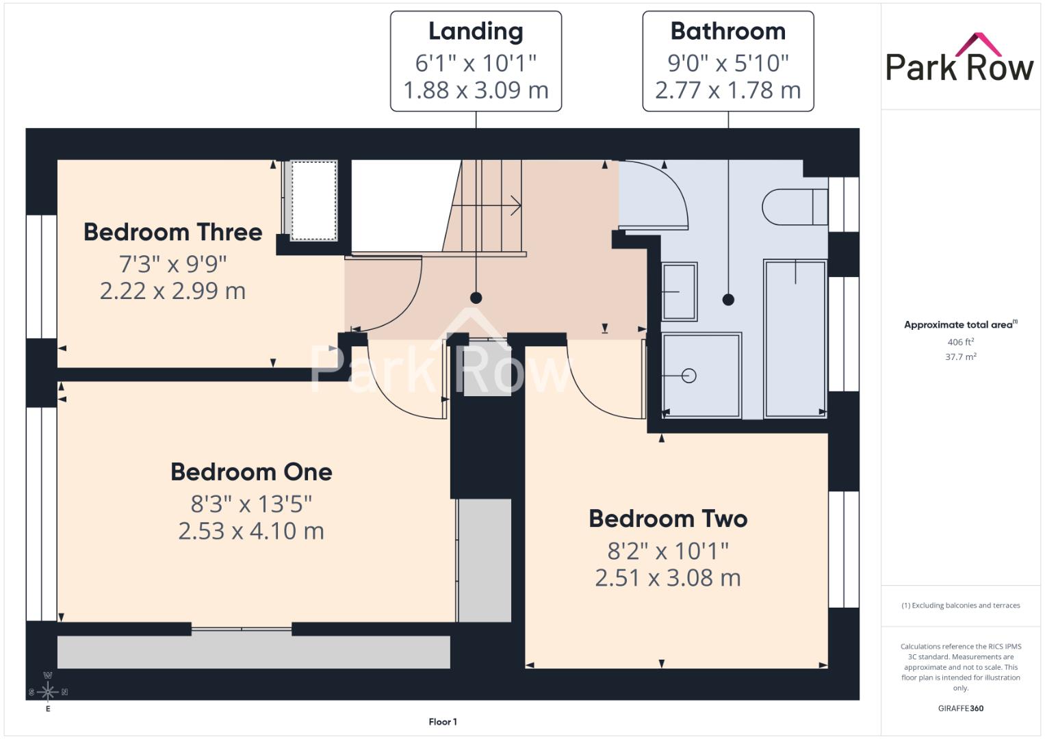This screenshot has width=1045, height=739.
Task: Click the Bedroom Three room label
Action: tap(172, 233)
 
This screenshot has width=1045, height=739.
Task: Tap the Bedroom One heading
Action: tap(251, 472)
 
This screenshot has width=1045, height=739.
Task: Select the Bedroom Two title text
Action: tap(668, 519)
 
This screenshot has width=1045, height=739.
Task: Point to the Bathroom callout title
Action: tap(727, 31)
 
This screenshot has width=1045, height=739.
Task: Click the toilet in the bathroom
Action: tap(795, 207)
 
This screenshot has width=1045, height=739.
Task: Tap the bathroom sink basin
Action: tap(680, 291)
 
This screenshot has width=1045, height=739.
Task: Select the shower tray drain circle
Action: tap(689, 376)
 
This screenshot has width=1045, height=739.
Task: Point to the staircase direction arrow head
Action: tap(516, 205)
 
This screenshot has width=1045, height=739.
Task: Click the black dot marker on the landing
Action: tap(476, 298)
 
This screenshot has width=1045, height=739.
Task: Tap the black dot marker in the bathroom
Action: tap(728, 300)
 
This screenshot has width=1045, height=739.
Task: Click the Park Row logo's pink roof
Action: tap(979, 44)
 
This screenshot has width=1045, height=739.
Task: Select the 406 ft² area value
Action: tap(961, 342)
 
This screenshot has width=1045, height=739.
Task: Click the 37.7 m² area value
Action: tap(961, 357)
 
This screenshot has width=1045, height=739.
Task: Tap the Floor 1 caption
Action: tap(443, 722)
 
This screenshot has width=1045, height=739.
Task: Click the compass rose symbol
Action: tap(48, 691)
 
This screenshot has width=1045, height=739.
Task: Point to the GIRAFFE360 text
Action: tap(961, 708)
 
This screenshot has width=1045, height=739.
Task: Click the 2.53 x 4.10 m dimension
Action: tap(251, 531)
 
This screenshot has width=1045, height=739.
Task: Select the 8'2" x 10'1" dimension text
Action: tap(668, 551)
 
